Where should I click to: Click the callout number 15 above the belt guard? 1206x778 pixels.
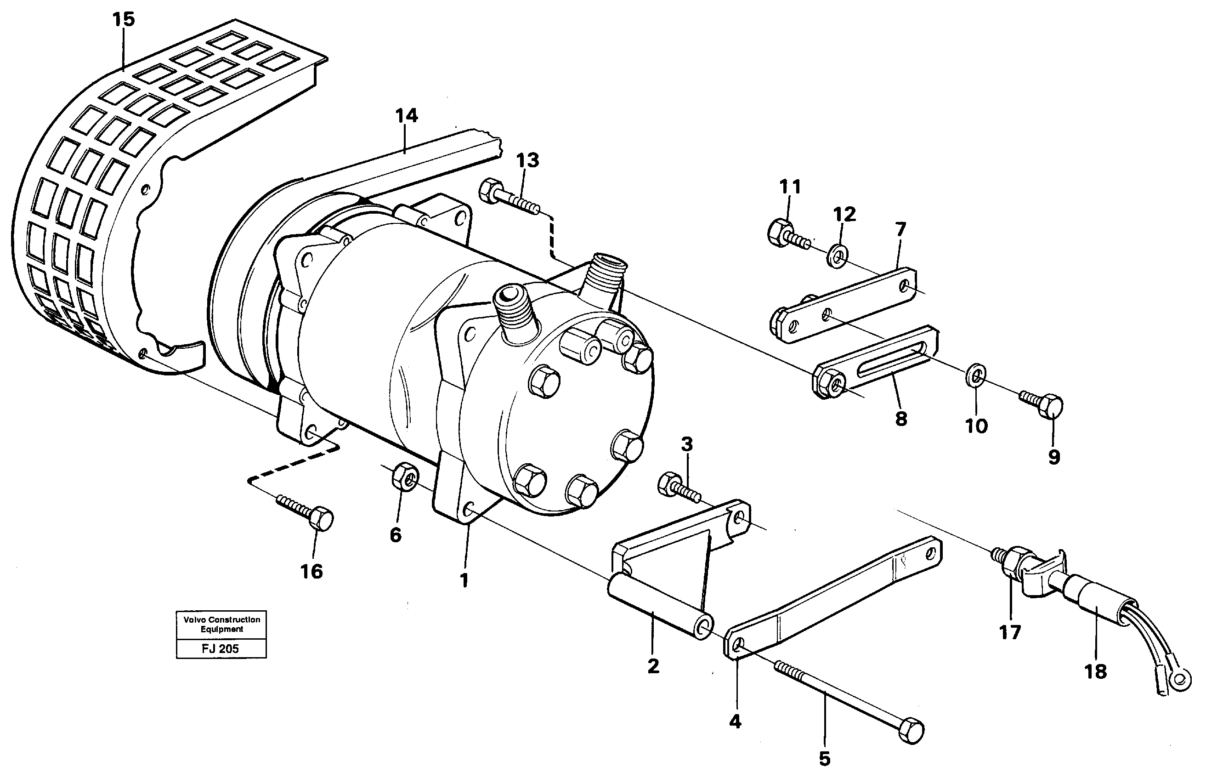click(x=123, y=20)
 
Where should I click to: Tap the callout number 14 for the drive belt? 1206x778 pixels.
click(x=407, y=116)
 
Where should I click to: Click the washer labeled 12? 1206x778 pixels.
click(x=838, y=256)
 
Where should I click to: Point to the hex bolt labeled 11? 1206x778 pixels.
click(x=781, y=233)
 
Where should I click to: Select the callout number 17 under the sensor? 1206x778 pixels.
click(x=1009, y=632)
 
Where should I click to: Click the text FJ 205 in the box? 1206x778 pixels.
click(x=220, y=649)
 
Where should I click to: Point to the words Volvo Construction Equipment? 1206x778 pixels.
click(x=221, y=625)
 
